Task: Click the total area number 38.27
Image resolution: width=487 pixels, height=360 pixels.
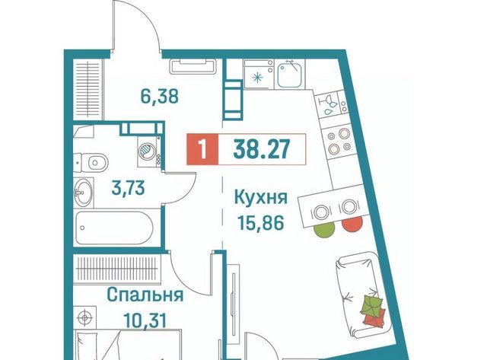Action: [262, 148]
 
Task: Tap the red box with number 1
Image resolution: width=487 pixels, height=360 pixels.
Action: [202, 149]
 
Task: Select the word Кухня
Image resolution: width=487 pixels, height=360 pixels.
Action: [261, 198]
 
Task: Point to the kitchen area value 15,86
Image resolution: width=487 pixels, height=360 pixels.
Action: [261, 222]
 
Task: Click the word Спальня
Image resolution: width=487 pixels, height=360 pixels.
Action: [145, 295]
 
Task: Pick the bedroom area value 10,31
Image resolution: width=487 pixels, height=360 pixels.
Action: [145, 320]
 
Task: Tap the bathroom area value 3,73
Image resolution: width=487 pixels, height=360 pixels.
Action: [129, 187]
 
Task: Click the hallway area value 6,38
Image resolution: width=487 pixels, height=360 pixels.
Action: [160, 97]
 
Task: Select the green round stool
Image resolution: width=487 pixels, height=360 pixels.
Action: [325, 229]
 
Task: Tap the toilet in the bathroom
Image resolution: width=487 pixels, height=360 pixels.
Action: [91, 162]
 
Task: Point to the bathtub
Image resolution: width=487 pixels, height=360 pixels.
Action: [113, 228]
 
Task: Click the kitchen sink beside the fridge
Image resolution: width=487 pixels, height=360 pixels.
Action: [289, 75]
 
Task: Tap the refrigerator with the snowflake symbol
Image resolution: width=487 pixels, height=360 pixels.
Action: [259, 75]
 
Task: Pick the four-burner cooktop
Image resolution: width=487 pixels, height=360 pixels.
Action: [339, 141]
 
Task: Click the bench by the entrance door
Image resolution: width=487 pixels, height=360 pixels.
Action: [193, 67]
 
